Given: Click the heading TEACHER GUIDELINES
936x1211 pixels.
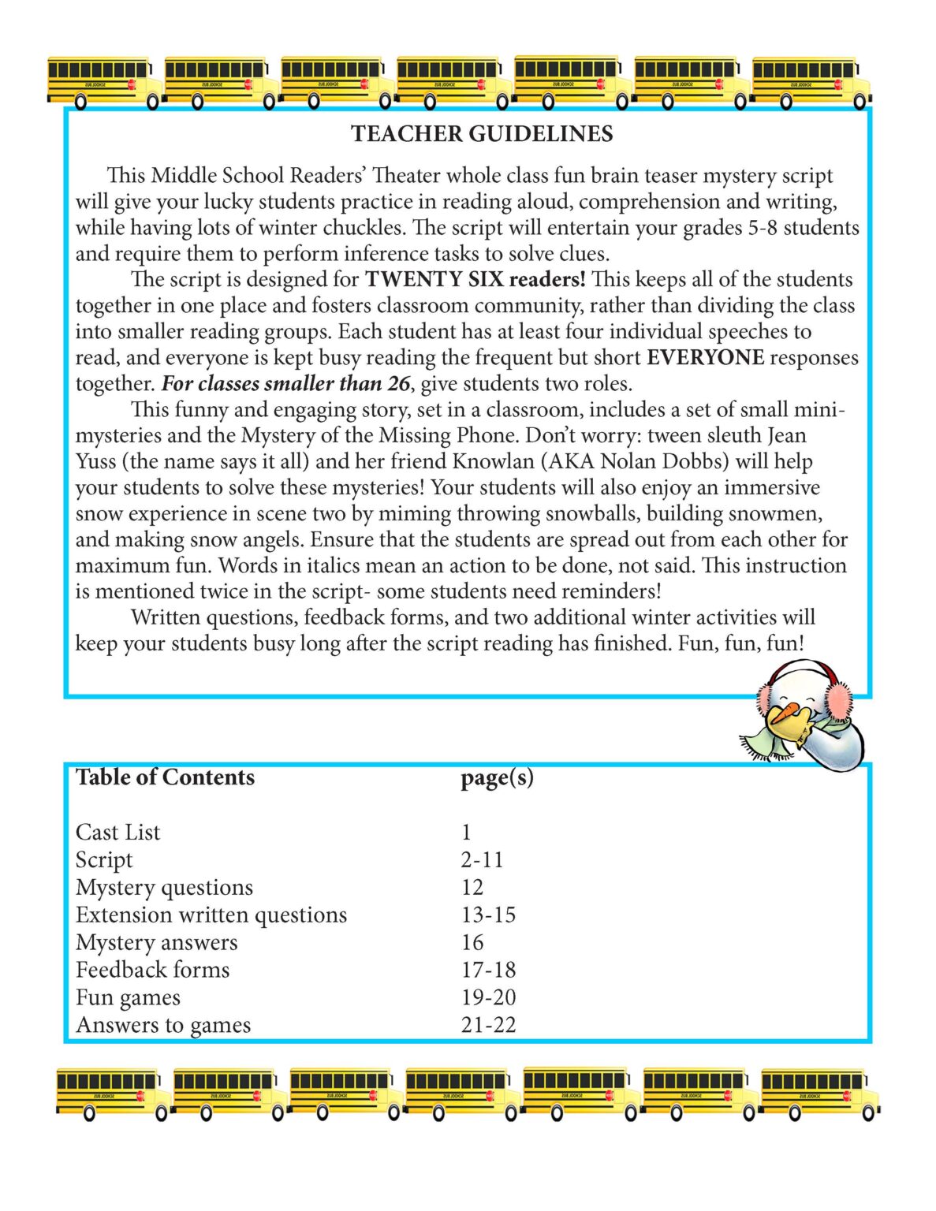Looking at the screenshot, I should pos(482,134).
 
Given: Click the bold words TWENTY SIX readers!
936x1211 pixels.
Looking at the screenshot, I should pos(475,280).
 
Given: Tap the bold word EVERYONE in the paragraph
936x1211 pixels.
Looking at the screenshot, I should pos(705,358).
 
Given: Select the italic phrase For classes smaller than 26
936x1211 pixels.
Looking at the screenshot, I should pos(285,384).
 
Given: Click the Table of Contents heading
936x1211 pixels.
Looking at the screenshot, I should pos(165,777).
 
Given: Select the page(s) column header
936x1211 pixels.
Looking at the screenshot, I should pos(497,777).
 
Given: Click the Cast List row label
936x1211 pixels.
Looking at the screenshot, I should pos(117,833).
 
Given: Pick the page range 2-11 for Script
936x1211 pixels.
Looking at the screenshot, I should pos(482,860).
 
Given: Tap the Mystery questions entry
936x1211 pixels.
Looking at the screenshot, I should pos(164,888).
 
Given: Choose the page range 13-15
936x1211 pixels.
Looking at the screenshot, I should pos(488,915).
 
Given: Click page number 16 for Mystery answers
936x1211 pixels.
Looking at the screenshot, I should pos(472,943).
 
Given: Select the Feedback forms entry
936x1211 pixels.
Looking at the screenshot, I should pos(152,971).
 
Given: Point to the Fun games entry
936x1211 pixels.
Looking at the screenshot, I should pos(128,998).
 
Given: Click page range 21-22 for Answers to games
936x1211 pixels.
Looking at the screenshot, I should pos(488,1026).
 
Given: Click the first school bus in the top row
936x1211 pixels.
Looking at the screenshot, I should pos(103,81).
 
